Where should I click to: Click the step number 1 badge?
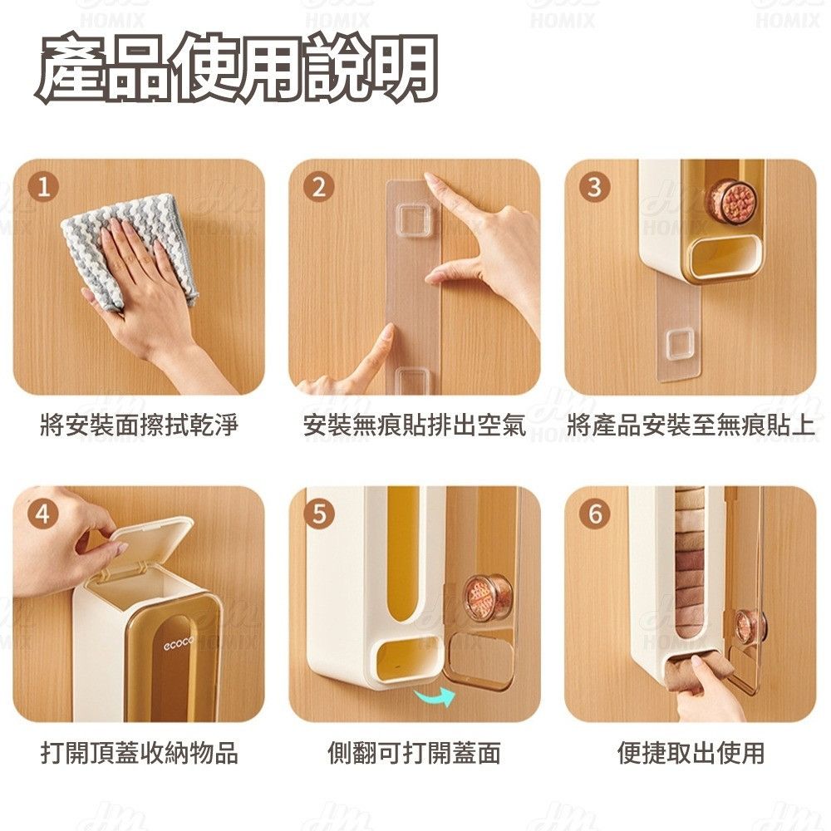pos(44,186)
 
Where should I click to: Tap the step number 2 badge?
pos(318,186)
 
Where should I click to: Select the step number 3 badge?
pos(595,186)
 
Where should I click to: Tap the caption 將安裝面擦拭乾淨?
pos(140,425)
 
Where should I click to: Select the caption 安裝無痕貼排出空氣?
pos(415,425)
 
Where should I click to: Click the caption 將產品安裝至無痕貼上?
pos(691,425)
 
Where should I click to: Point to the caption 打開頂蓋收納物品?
pos(140,753)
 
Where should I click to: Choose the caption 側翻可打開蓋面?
pos(415,753)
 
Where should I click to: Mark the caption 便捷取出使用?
pos(691,753)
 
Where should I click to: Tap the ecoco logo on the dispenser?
pos(179,643)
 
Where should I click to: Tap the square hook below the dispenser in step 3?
pos(680,344)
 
